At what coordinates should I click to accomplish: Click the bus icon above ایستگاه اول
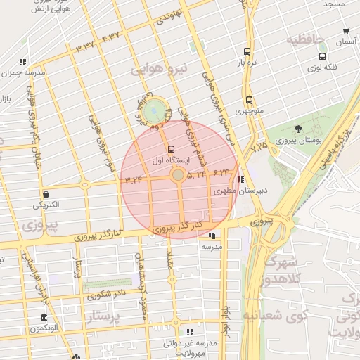coord(172,148)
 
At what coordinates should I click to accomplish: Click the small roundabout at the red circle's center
coord(178,174)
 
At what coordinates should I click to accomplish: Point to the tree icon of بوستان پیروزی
coord(299,129)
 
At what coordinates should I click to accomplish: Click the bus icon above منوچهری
coord(249,100)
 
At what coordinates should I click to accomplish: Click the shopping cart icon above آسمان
coord(346,31)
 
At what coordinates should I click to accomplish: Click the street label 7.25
coord(259,146)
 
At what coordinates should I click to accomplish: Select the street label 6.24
coord(220,172)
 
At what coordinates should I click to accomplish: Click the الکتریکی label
coord(46,205)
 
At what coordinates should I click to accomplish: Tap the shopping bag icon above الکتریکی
coord(46,194)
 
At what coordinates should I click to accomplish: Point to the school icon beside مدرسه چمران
coord(23,62)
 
